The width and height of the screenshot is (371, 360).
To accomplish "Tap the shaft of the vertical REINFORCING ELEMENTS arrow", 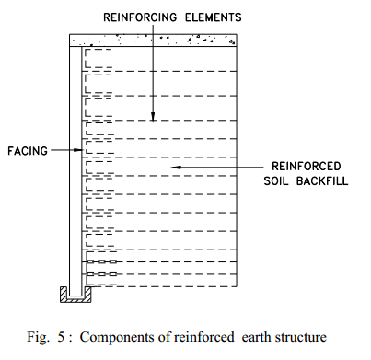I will click(x=154, y=74).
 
